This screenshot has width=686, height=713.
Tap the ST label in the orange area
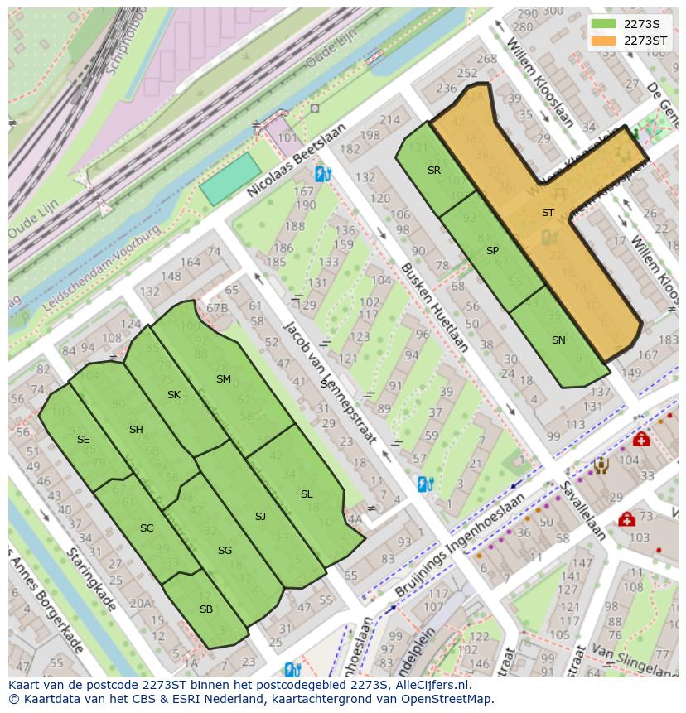[x=548, y=213]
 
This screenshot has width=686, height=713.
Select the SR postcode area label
[x=434, y=171]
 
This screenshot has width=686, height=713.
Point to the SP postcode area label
[x=492, y=251]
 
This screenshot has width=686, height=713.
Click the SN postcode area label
[x=558, y=340]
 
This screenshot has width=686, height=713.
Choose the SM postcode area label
[x=223, y=379]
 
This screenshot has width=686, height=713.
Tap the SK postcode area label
[x=174, y=395]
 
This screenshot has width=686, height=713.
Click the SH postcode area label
[x=137, y=429]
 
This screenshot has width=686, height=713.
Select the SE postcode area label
[x=83, y=440]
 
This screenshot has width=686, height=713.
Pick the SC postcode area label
[x=147, y=528]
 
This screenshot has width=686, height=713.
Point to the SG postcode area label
[x=225, y=551]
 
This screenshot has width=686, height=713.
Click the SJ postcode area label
[x=260, y=517]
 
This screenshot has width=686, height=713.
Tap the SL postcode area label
[x=307, y=494]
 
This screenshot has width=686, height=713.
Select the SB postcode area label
[x=206, y=609]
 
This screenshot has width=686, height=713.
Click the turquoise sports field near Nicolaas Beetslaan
[x=230, y=180]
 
